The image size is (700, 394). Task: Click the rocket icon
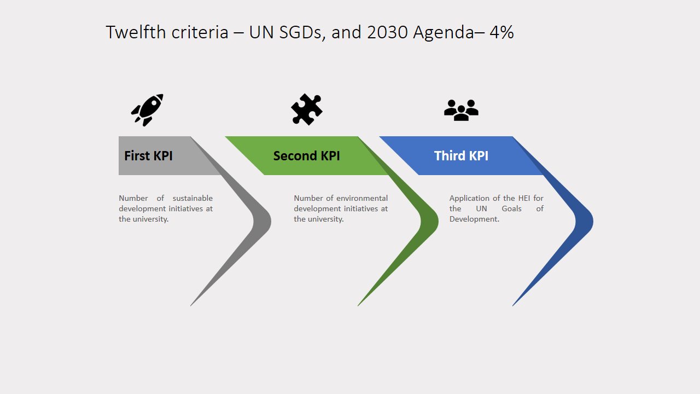point(147,110)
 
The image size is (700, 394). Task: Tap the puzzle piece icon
point(307,109)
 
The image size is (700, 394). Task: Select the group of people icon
point(461,110)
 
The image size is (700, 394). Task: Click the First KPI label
point(148,156)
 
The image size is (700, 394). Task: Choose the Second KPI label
point(307,156)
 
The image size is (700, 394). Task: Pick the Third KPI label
point(461,156)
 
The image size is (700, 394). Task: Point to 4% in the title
point(502,32)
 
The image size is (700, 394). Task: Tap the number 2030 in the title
point(388,32)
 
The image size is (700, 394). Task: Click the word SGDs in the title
point(301,32)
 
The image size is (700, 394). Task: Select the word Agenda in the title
point(444,33)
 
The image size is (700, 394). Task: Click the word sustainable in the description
point(192,198)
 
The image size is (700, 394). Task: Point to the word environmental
point(362,198)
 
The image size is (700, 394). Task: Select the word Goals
point(511,208)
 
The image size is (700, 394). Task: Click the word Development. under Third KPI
point(474,219)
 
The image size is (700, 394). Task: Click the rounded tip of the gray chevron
point(270,222)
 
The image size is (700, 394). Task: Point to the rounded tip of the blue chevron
point(592,222)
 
